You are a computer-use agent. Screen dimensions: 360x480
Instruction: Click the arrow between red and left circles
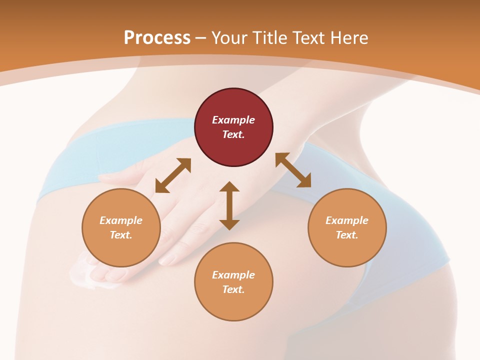point(173,175)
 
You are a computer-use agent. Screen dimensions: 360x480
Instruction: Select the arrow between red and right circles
point(293,170)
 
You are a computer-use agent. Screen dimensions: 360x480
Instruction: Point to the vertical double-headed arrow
point(229,205)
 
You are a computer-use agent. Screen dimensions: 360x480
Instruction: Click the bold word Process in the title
point(157,37)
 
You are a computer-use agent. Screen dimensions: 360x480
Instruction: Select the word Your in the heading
point(228,37)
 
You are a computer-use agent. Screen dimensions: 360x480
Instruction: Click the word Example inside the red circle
point(233,120)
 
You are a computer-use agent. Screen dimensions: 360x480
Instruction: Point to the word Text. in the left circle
point(121,235)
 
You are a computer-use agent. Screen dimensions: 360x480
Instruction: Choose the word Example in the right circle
point(346,220)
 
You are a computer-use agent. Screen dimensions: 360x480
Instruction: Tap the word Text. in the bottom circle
point(233,289)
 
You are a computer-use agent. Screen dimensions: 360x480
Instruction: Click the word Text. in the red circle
point(233,134)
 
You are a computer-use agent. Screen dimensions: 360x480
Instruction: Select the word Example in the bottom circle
point(233,275)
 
